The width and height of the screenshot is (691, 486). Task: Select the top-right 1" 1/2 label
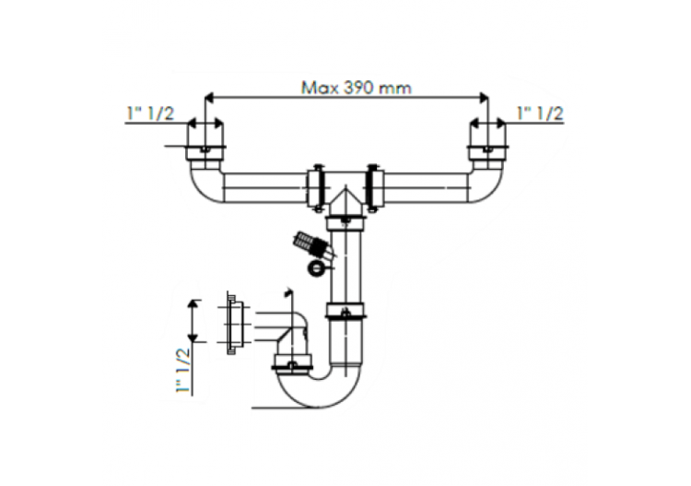tap(541, 113)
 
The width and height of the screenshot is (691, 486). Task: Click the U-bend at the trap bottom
tap(318, 392)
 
